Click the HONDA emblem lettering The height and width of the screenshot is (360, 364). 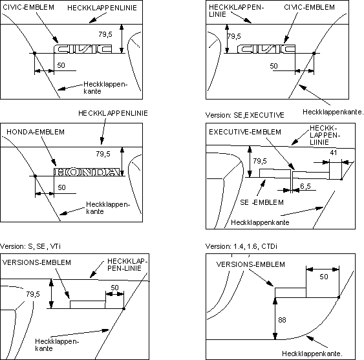(87, 172)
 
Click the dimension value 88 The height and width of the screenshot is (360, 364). (282, 320)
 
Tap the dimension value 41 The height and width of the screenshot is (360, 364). (334, 153)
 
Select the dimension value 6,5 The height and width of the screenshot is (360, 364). (305, 186)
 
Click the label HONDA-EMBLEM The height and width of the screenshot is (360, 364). (36, 132)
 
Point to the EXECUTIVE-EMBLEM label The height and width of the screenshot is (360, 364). (245, 132)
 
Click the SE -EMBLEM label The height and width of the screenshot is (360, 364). (262, 202)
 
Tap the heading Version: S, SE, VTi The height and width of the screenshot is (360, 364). (30, 246)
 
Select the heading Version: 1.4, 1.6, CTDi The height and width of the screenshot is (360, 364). (241, 246)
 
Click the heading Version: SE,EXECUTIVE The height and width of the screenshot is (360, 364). (245, 115)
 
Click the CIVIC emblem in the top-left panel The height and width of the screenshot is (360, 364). (83, 48)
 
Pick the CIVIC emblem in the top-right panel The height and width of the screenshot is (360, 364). (266, 48)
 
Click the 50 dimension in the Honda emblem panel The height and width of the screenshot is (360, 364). (61, 187)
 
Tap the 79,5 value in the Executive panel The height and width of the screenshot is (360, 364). (260, 161)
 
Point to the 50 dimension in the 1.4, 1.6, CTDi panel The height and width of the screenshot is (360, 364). (324, 277)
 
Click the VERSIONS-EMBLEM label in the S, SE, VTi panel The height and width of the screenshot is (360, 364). (37, 262)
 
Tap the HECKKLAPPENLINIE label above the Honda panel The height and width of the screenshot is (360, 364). (113, 113)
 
